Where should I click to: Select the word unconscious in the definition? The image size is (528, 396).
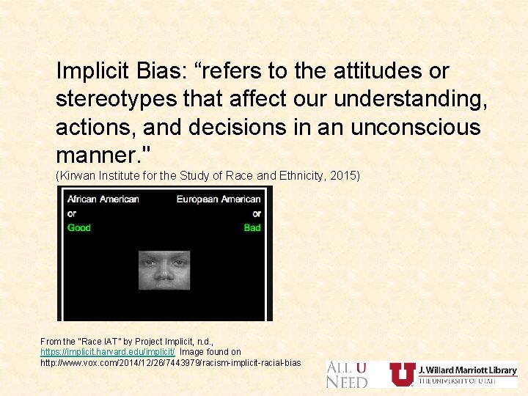(416, 127)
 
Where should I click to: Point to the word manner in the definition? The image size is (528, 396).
(95, 155)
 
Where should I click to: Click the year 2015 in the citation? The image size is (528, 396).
(345, 176)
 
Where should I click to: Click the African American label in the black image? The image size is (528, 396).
(103, 199)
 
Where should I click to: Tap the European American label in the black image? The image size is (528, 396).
(219, 199)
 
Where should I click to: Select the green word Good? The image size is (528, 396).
(79, 227)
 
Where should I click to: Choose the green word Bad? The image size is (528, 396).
(252, 227)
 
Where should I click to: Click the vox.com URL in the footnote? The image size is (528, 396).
(170, 363)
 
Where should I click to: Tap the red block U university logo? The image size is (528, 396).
(402, 374)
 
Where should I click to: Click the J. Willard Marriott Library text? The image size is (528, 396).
(467, 370)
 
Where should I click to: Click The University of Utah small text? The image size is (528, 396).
(457, 381)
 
